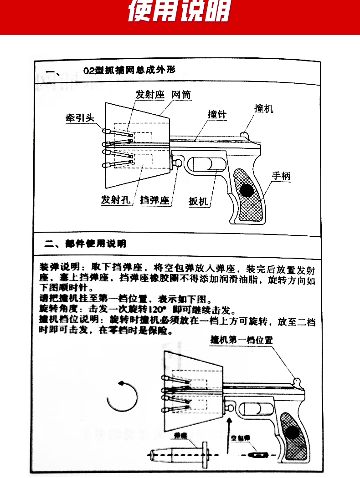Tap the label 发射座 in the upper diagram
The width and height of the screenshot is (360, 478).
coord(149,95)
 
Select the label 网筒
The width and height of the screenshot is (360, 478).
coord(181,95)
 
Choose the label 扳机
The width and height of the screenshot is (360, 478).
coord(198,201)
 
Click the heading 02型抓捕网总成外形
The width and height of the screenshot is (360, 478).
coord(130,70)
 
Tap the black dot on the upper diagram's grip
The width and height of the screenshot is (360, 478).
coord(248,190)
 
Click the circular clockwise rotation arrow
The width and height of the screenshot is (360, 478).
coord(122,396)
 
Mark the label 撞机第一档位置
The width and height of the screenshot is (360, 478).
coord(242,340)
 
